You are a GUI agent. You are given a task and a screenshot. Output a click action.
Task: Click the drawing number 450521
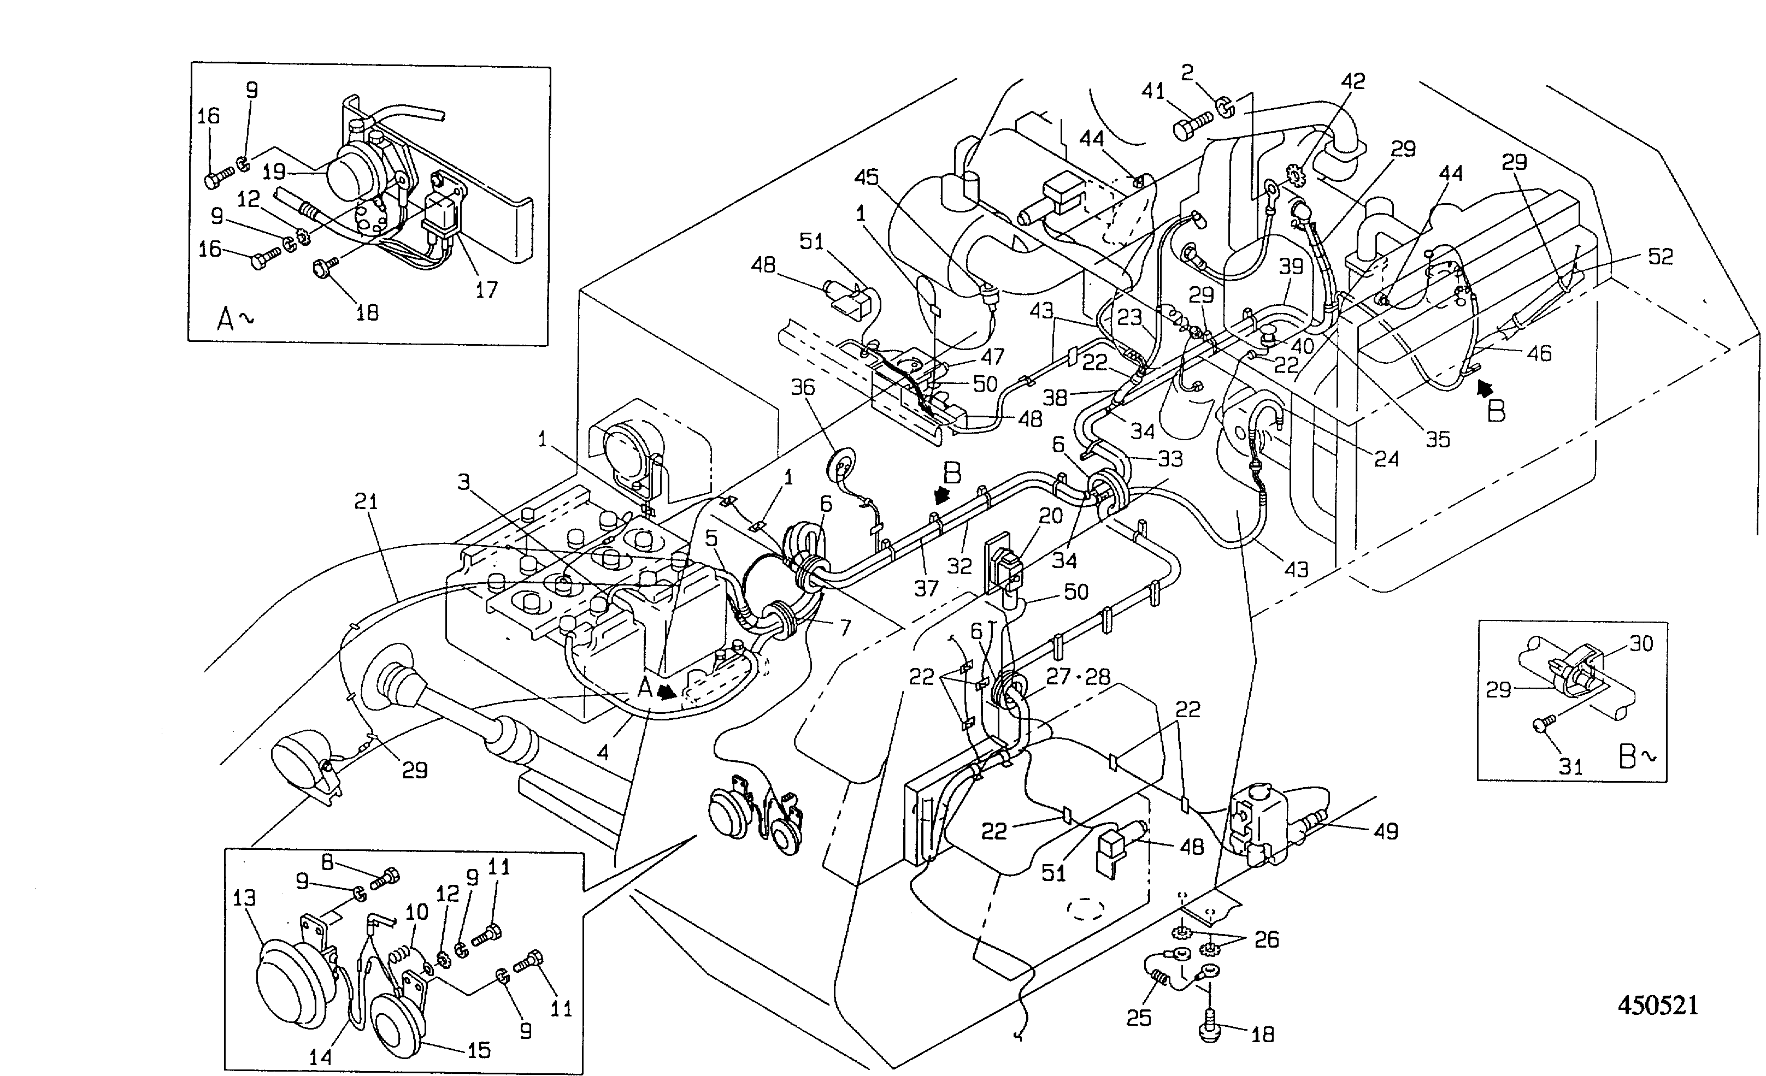1657,1005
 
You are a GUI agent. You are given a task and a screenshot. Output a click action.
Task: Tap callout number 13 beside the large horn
244,897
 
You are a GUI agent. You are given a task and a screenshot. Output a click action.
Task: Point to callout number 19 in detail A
274,172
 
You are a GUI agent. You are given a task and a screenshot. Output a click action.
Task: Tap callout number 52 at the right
1661,257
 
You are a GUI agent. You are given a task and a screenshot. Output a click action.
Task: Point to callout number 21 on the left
366,501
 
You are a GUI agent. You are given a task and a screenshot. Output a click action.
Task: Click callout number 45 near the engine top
867,176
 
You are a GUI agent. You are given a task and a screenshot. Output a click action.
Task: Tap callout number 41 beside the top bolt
1153,91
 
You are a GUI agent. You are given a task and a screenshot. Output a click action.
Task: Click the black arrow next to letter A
667,693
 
